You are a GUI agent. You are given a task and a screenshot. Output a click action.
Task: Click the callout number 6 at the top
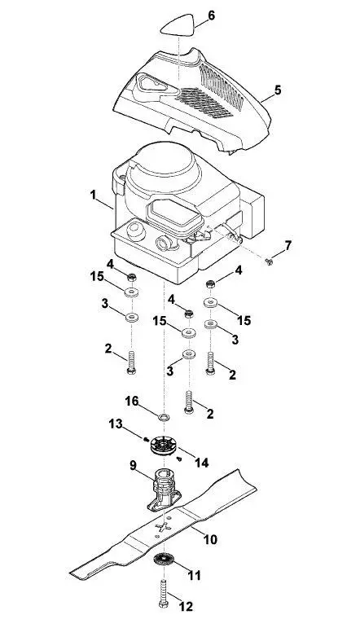[x=211, y=15]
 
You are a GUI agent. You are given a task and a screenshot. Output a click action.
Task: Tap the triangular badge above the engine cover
[x=178, y=25]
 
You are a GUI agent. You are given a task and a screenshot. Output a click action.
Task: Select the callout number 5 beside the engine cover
[x=278, y=90]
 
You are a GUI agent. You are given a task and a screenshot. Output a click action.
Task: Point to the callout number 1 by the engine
[x=93, y=195]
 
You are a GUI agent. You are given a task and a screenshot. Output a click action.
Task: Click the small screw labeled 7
[x=269, y=262]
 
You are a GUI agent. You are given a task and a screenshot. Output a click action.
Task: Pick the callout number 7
[x=288, y=245]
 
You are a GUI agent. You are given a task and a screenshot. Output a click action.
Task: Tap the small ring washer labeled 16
[x=164, y=417]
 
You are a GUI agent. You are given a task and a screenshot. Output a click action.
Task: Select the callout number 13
[x=116, y=424]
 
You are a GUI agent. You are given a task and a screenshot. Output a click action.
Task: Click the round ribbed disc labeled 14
[x=163, y=445]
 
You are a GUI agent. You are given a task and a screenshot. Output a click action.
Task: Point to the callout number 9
[x=133, y=465]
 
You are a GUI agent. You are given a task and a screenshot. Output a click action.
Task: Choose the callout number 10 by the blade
[x=210, y=539]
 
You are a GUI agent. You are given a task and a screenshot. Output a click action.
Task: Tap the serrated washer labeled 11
[x=164, y=559]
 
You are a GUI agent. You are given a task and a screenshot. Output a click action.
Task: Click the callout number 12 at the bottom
[x=186, y=606]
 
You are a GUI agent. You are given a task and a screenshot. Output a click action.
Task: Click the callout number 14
[x=201, y=463]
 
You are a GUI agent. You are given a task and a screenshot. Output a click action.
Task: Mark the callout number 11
[x=194, y=576]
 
